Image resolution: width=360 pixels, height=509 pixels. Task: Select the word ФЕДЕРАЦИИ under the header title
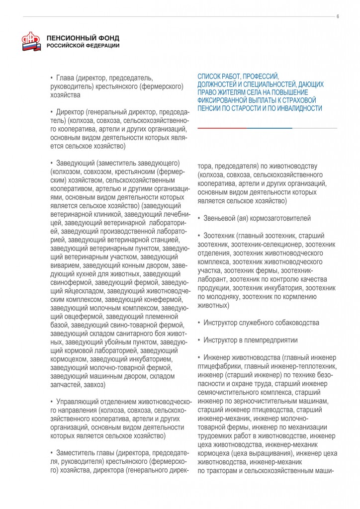click(x=101, y=46)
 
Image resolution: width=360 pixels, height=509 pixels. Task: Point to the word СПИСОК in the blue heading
click(x=209, y=77)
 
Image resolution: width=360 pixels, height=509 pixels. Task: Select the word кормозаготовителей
click(x=282, y=218)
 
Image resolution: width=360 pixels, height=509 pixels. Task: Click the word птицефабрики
click(x=218, y=366)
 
